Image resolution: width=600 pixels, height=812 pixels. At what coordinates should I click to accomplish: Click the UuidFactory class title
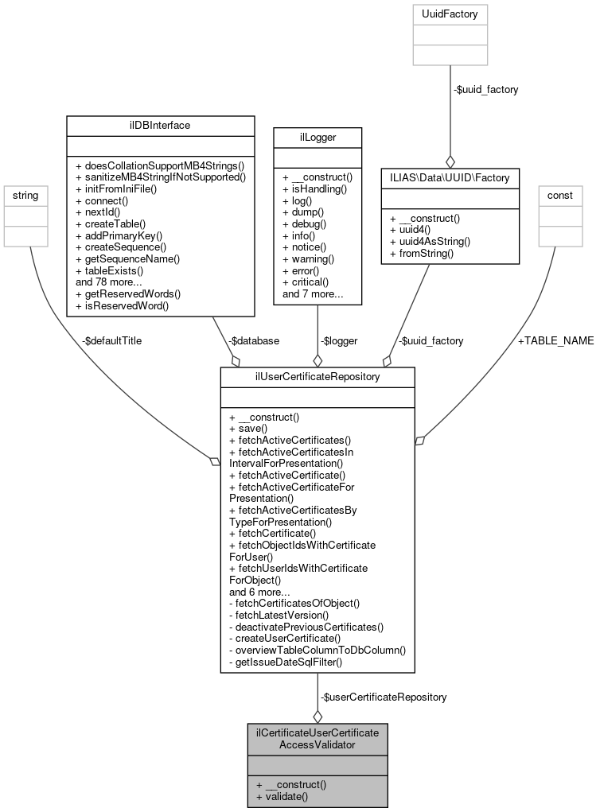pos(450,14)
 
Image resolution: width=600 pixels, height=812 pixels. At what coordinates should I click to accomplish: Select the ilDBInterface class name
pos(160,125)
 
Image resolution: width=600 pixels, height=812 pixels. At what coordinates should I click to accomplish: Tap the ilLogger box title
pos(317,137)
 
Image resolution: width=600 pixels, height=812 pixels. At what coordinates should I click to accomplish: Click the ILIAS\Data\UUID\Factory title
pos(450,177)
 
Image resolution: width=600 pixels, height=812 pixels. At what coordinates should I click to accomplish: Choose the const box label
pos(561,194)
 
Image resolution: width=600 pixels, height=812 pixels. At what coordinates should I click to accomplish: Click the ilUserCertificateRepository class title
pos(318,377)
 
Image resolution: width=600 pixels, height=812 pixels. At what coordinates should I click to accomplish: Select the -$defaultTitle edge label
pos(111,340)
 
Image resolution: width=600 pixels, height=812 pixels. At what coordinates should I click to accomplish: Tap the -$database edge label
pos(253,340)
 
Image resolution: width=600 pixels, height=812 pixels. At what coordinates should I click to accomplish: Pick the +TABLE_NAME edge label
pos(555,340)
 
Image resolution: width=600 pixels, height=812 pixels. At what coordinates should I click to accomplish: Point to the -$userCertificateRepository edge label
pos(384,697)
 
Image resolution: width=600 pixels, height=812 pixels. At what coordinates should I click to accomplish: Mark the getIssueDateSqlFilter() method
pos(286,662)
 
